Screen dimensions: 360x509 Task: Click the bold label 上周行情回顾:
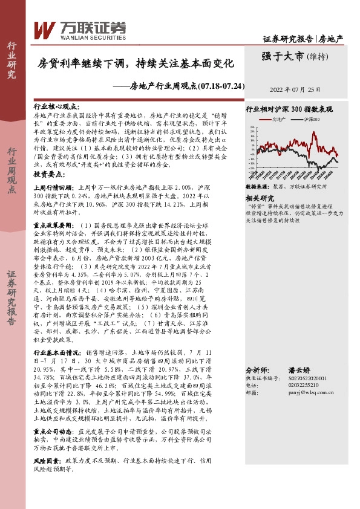point(56,187)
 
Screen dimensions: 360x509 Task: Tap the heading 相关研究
point(260,198)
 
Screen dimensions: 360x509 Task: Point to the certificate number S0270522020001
point(305,378)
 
